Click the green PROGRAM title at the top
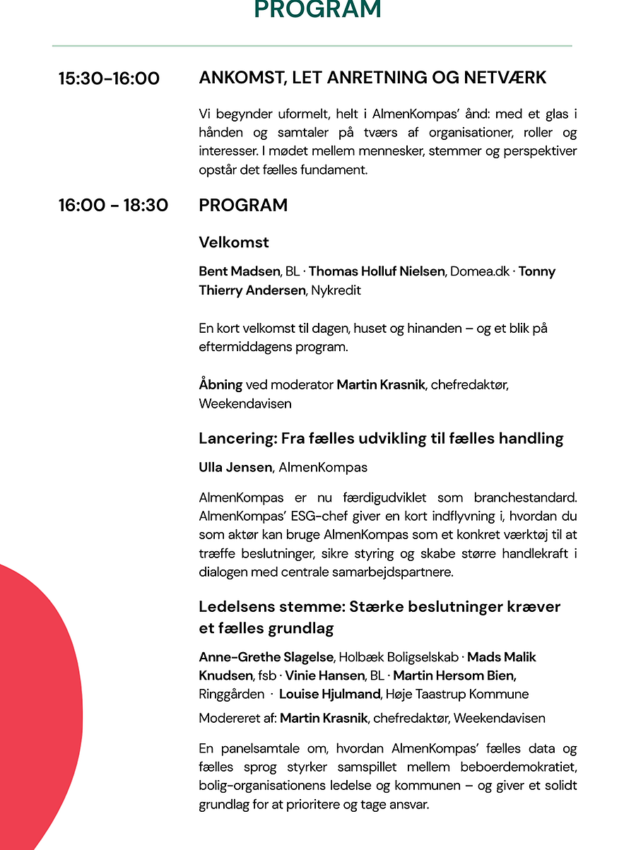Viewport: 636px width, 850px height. coord(318,9)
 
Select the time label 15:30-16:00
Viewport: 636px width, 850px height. coord(109,78)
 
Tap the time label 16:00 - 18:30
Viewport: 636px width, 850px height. coord(113,206)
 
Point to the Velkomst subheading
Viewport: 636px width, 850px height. coord(234,242)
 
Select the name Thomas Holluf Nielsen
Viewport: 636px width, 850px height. coord(377,271)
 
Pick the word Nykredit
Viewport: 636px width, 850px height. coord(336,290)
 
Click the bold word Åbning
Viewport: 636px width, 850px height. coord(220,385)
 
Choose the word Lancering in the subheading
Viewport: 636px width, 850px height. coord(236,439)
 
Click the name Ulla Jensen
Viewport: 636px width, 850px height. coord(235,467)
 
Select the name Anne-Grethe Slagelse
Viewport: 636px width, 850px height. coord(268,657)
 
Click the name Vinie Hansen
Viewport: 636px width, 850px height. coord(325,675)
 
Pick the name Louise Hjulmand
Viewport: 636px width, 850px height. coord(329,694)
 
